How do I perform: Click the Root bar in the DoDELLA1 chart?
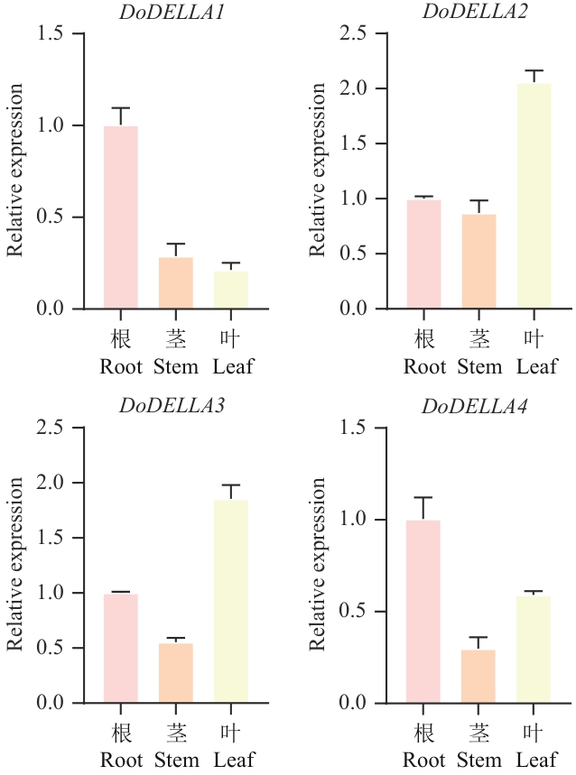[x=121, y=217]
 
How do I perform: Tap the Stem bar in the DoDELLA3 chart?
[x=176, y=672]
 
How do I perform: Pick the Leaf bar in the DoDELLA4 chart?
[x=534, y=649]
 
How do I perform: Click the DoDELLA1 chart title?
[x=172, y=12]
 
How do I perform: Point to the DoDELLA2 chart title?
[x=475, y=12]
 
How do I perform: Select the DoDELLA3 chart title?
[x=172, y=405]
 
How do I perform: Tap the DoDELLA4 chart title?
[x=475, y=405]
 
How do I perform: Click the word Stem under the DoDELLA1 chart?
[x=176, y=367]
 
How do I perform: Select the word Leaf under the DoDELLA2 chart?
[x=536, y=367]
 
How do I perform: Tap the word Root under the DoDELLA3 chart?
[x=122, y=760]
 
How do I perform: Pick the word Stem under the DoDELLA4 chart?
[x=479, y=760]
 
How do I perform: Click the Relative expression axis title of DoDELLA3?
[x=15, y=565]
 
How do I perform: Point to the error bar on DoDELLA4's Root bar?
[x=423, y=507]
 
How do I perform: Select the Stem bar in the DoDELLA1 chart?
[x=176, y=282]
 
